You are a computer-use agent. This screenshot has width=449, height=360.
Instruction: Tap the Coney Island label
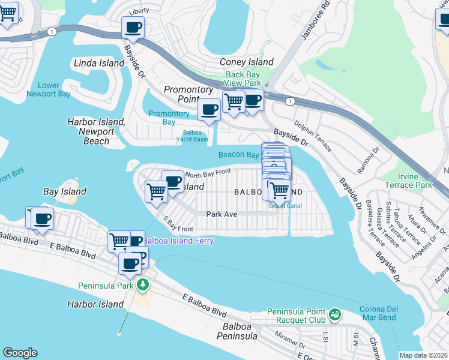[x=246, y=62]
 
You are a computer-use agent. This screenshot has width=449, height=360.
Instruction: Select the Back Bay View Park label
[x=243, y=79]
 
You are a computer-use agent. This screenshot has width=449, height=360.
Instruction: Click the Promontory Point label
[x=189, y=94]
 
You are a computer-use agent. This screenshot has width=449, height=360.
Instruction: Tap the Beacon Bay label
[x=238, y=154]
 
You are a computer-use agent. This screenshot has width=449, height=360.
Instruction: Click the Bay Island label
[x=65, y=191]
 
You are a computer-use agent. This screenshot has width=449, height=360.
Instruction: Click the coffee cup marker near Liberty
[x=133, y=27]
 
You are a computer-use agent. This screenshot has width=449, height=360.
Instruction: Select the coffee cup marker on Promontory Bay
[x=209, y=110]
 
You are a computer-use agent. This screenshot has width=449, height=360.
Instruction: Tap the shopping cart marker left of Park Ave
[x=156, y=192]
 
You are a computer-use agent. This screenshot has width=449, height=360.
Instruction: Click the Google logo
[x=20, y=353]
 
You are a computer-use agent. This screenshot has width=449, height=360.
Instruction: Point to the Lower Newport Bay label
[x=47, y=89]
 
